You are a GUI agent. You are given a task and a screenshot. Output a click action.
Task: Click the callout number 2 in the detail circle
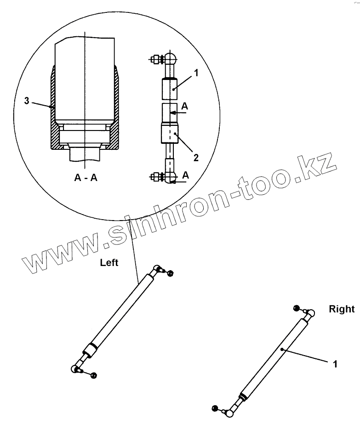pos(196,158)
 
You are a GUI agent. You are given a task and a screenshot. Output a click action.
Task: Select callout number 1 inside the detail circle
pos(196,73)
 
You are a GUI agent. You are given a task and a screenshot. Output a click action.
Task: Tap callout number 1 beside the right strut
pos(335,364)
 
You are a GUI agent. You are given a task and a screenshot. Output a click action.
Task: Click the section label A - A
pos(86,178)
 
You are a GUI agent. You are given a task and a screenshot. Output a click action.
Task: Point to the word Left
pos(109,263)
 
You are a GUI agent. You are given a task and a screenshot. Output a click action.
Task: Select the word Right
pos(342,309)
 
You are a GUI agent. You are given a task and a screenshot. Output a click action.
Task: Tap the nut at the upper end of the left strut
pos(171,273)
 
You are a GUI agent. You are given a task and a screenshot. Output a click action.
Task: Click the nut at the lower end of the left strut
pos(93,375)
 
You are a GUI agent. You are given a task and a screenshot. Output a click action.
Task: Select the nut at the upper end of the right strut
pos(297,308)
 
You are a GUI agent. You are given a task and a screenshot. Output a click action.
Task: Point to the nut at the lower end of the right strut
pos(214,408)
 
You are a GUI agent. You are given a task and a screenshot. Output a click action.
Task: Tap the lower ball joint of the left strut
pos(75,368)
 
